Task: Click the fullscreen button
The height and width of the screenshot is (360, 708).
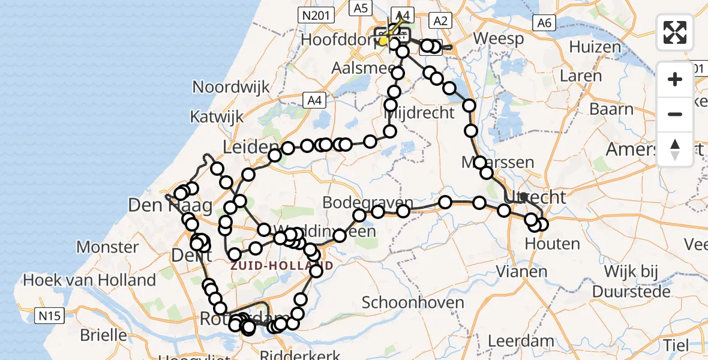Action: [675, 32]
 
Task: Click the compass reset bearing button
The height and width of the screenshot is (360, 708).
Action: [675, 149]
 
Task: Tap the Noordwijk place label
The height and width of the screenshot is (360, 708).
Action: [231, 87]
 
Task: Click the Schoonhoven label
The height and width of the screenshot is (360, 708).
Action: [413, 302]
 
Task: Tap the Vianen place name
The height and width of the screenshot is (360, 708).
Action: [522, 271]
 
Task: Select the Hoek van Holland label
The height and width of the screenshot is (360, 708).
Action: [89, 280]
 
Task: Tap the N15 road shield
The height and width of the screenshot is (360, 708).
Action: [50, 316]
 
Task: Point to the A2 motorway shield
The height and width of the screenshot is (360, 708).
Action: [440, 21]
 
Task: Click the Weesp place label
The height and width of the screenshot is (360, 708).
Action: [498, 38]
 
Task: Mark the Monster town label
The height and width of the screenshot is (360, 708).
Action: [108, 247]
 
